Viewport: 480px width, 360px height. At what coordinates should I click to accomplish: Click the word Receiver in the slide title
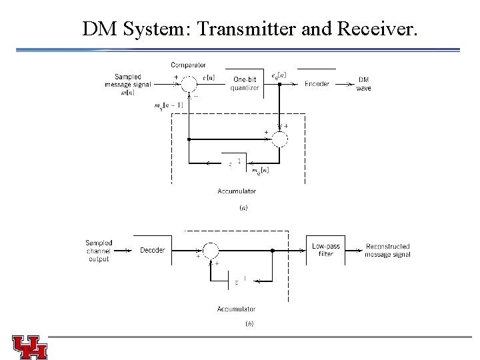[x=374, y=29]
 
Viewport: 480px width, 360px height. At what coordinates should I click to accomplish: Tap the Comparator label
[x=188, y=65]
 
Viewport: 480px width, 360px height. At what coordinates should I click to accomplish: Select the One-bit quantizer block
[x=245, y=84]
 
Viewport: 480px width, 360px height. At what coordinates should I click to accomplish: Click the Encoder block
[x=317, y=83]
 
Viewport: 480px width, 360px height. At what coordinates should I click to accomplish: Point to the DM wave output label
[x=364, y=83]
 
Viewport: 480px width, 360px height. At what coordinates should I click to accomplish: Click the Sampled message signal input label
[x=128, y=84]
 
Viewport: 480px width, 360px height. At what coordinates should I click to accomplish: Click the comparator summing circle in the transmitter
[x=189, y=83]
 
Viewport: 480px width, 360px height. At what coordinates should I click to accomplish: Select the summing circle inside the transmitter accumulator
[x=281, y=139]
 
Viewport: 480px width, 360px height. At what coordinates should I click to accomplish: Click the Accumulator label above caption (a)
[x=236, y=191]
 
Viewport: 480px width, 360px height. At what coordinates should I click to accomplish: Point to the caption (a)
[x=243, y=208]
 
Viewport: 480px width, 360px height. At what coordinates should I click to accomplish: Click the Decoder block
[x=153, y=251]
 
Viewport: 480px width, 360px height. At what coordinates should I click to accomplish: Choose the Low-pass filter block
[x=325, y=250]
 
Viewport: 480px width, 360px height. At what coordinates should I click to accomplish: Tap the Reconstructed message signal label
[x=387, y=251]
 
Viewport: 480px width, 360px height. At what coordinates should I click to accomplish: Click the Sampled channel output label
[x=99, y=251]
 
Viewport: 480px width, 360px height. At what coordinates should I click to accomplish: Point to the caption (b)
[x=249, y=324]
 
